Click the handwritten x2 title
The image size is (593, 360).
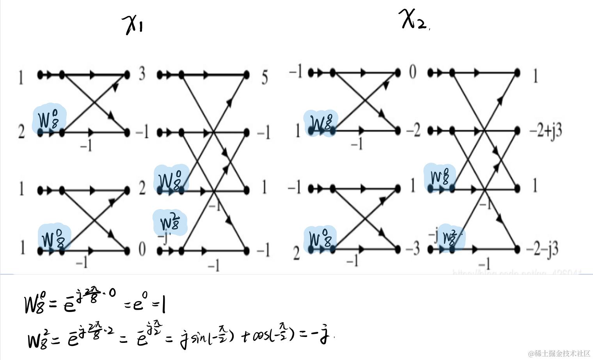pyautogui.click(x=414, y=20)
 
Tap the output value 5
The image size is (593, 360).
pyautogui.click(x=265, y=77)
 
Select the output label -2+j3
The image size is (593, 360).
pyautogui.click(x=545, y=131)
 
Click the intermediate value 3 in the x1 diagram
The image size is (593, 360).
pyautogui.click(x=142, y=73)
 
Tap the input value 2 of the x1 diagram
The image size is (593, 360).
pyautogui.click(x=21, y=132)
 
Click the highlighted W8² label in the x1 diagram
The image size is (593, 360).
pyautogui.click(x=170, y=222)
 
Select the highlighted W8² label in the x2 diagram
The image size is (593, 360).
pyautogui.click(x=451, y=237)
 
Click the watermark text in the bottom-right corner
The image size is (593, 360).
pyautogui.click(x=559, y=353)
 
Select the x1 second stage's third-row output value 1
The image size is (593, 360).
pyautogui.click(x=264, y=187)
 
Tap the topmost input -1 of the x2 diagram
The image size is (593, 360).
pyautogui.click(x=295, y=71)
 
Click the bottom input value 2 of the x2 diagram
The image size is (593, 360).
pyautogui.click(x=296, y=254)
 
